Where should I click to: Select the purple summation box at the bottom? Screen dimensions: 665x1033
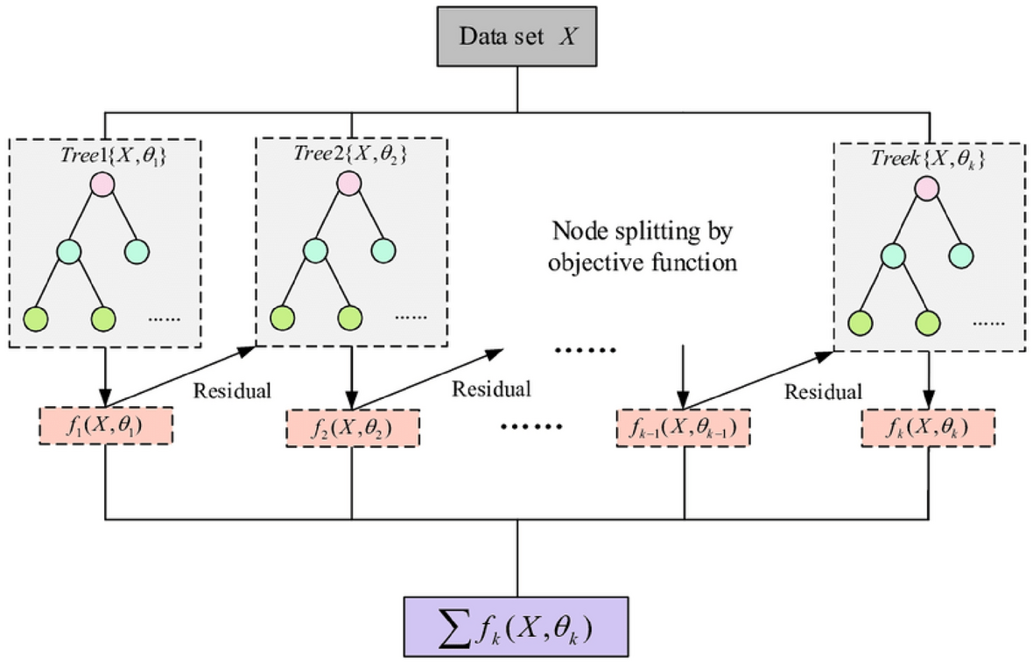(x=516, y=626)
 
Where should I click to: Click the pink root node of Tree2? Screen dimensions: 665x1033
(x=348, y=185)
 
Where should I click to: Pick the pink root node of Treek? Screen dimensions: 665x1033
(x=926, y=189)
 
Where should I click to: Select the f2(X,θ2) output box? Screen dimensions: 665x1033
(x=352, y=429)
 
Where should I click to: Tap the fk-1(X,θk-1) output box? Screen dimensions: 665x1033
(x=683, y=429)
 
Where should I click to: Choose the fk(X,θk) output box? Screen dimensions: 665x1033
(x=928, y=429)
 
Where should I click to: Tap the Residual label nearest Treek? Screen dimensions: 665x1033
(x=823, y=390)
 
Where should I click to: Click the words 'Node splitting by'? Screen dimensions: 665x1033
(x=641, y=234)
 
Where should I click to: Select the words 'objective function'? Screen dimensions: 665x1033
(x=641, y=263)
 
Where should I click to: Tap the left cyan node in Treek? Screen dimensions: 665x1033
(x=892, y=255)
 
